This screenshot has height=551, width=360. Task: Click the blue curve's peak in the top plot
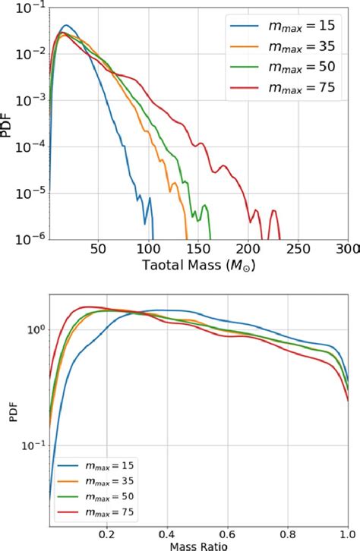pos(67,25)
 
